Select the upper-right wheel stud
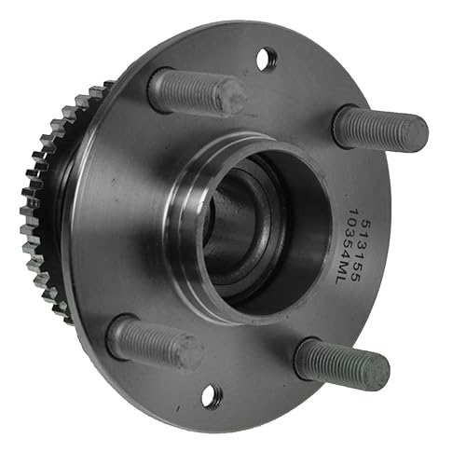coord(377,128)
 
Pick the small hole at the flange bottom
coord(212,395)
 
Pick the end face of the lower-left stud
coord(192,352)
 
